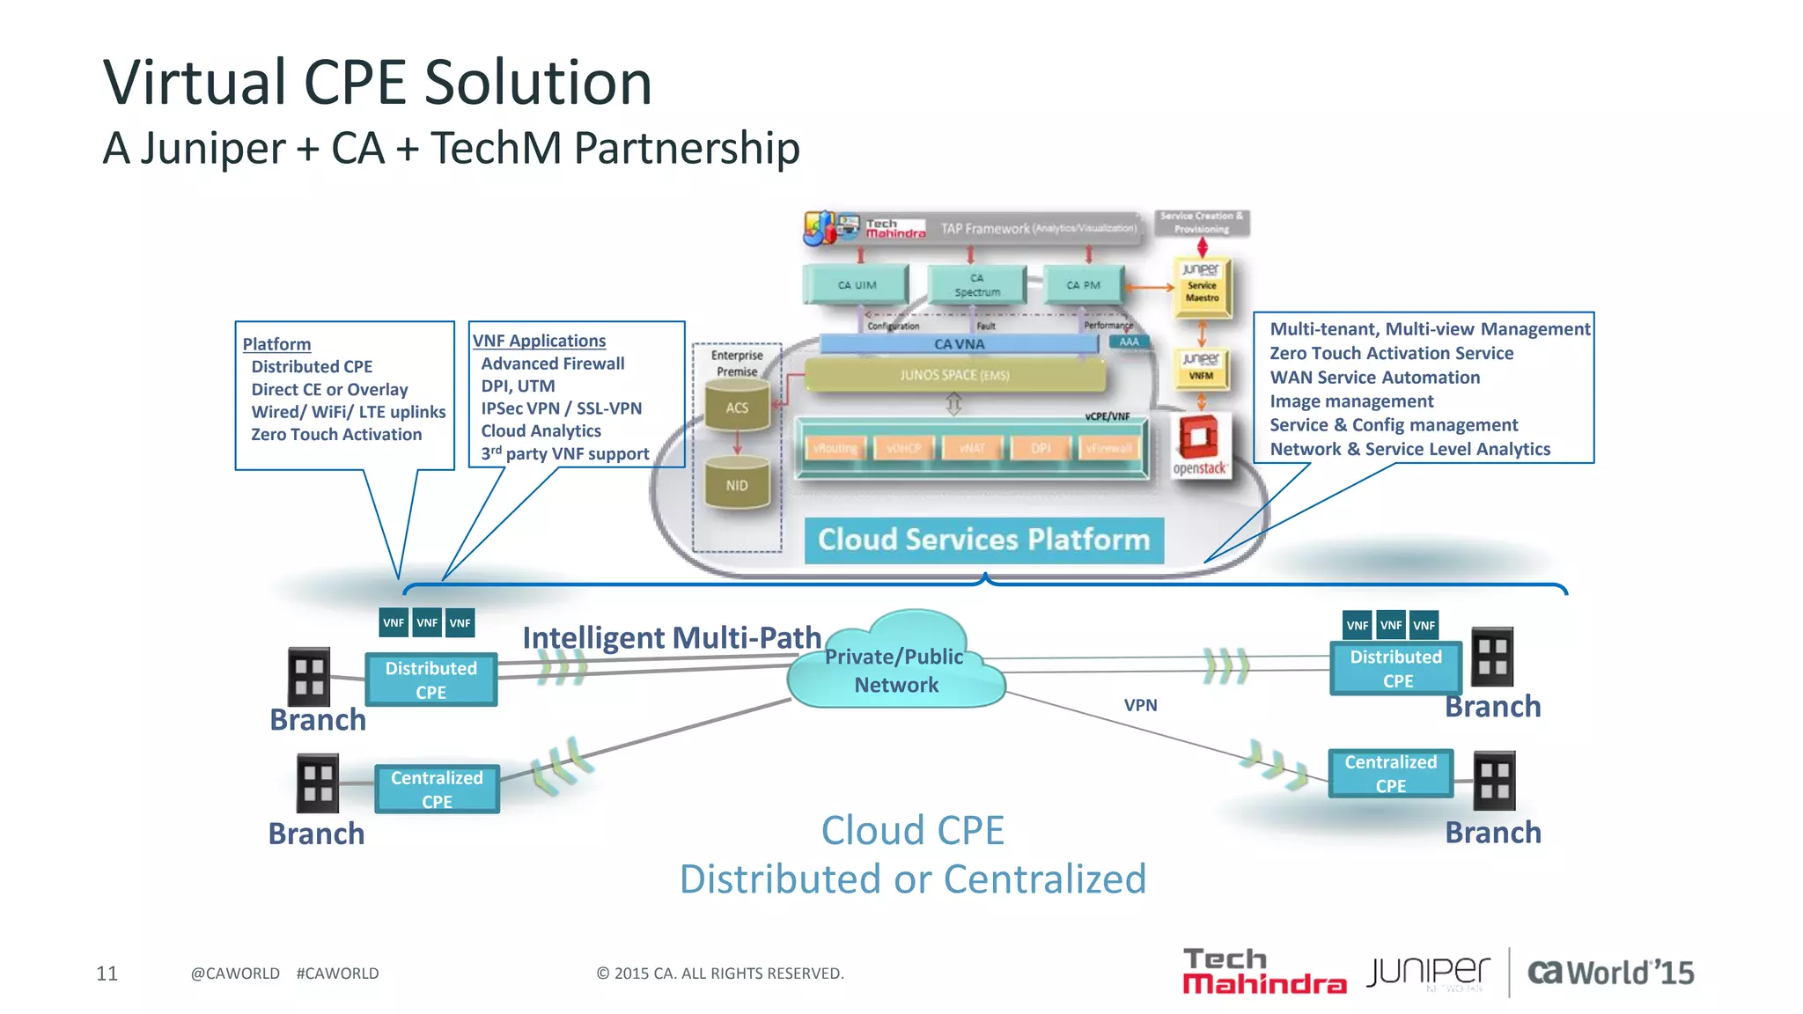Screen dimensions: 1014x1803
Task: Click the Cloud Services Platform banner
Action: [983, 540]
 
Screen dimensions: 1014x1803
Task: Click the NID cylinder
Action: [737, 485]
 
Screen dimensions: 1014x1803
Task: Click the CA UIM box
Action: [856, 284]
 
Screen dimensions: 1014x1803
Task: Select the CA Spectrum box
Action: [976, 284]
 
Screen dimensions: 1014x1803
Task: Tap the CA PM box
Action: [1083, 284]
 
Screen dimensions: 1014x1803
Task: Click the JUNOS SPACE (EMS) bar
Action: [954, 375]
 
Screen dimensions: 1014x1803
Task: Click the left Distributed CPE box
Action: [431, 680]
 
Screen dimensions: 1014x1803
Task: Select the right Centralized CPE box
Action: [1390, 774]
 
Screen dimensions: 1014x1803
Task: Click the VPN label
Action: [1140, 705]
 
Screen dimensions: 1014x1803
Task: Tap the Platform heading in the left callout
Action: [276, 344]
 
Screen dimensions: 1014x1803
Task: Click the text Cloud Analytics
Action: [541, 430]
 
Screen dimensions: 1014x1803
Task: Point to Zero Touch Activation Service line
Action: [1391, 353]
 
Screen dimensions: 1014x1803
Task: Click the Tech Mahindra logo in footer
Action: [1263, 972]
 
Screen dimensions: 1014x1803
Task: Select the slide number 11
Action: [107, 973]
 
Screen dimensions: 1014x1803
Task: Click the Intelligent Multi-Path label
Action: [671, 637]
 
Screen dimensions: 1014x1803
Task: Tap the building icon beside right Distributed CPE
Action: [1492, 657]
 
